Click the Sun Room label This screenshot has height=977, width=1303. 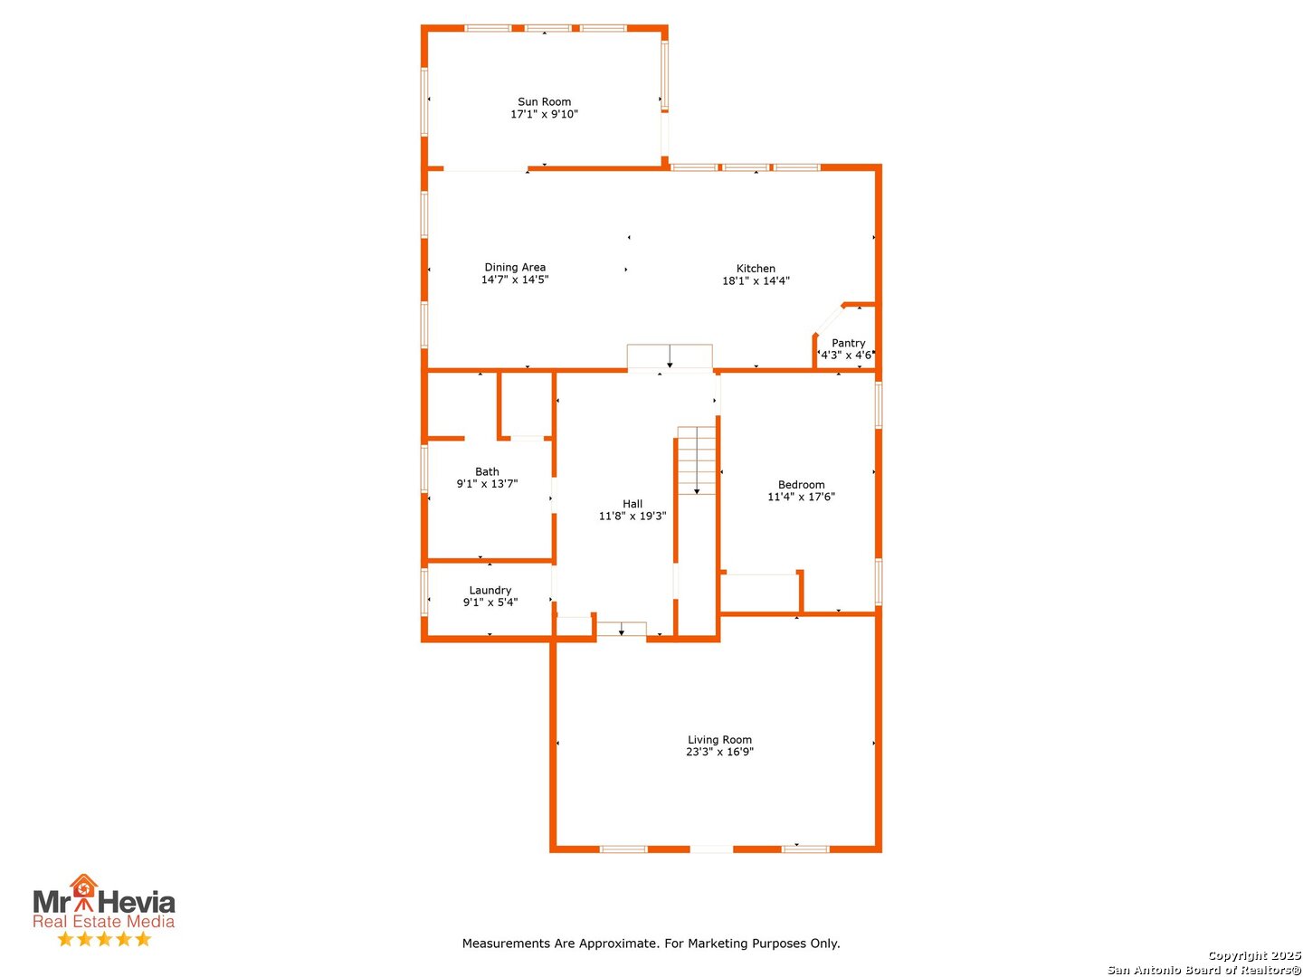[544, 101]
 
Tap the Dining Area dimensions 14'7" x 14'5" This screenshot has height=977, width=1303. [515, 280]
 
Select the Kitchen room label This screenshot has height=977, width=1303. [756, 268]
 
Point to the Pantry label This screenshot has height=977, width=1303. [848, 343]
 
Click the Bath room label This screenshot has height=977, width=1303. [487, 471]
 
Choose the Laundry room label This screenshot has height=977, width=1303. [490, 590]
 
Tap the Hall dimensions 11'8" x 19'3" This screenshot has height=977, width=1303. [632, 516]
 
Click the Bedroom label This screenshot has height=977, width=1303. [801, 484]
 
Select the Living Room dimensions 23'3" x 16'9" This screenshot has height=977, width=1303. [719, 752]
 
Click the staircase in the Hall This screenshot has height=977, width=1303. [697, 460]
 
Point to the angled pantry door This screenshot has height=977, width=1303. [828, 320]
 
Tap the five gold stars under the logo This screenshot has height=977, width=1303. [104, 939]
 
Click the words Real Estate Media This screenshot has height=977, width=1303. [103, 922]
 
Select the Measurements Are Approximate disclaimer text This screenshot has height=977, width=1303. [651, 944]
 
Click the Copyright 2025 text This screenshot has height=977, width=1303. [1253, 955]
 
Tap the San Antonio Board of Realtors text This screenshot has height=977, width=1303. [1203, 970]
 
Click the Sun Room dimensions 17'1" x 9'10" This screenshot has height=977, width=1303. [544, 114]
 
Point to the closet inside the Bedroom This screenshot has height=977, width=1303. [760, 593]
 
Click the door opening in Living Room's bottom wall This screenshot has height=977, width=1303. [711, 849]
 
